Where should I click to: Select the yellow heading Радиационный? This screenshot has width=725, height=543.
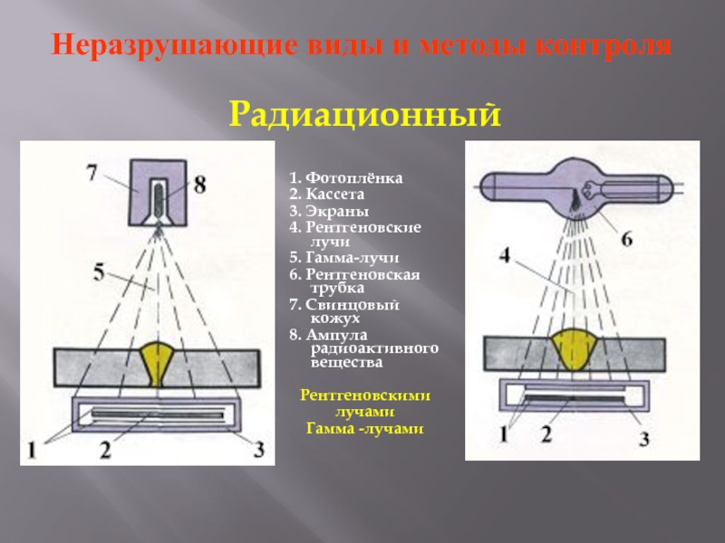(x=364, y=115)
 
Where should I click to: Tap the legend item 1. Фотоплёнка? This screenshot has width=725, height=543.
(x=346, y=178)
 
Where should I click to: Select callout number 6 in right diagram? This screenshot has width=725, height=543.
(x=625, y=239)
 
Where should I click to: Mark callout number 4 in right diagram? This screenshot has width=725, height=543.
(x=505, y=256)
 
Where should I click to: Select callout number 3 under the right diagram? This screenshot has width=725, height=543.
(x=645, y=440)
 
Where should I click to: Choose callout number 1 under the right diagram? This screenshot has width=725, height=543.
(x=503, y=435)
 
